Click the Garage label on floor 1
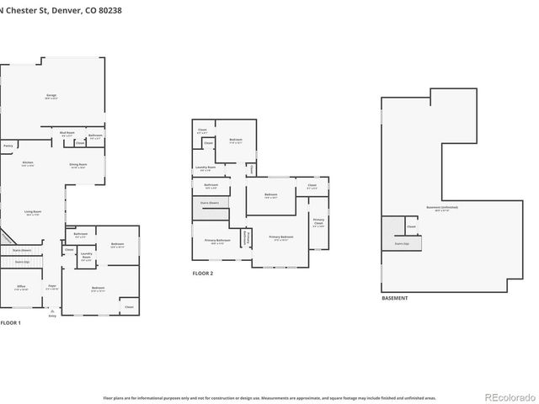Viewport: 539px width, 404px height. [x=51, y=97]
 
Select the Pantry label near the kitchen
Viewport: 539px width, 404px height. [x=8, y=146]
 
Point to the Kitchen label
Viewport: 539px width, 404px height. [x=28, y=162]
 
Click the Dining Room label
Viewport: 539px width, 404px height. [x=79, y=165]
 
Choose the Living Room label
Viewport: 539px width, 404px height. [x=34, y=214]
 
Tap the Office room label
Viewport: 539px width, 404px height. [x=21, y=288]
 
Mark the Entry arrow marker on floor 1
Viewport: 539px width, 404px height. [x=52, y=312]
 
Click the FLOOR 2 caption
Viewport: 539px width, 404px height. [x=203, y=274]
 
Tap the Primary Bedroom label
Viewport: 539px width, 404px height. [x=281, y=238]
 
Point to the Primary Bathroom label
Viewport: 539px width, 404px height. [x=217, y=242]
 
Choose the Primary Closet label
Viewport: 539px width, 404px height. [x=318, y=222]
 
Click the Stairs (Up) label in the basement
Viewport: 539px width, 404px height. [x=401, y=244]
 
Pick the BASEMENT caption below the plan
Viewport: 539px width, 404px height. [x=395, y=298]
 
